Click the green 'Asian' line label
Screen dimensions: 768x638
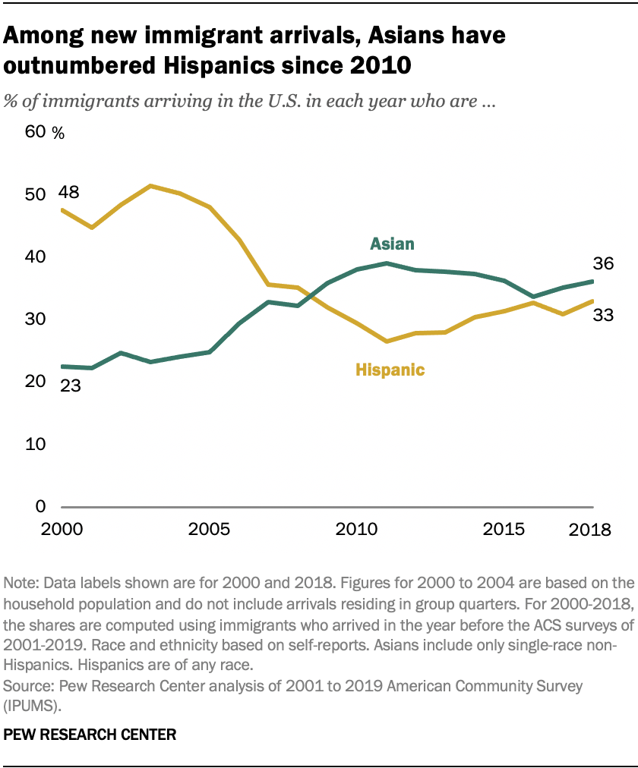[x=392, y=244]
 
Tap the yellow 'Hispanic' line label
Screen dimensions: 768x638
[x=390, y=370]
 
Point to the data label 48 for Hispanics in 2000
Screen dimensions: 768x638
[x=71, y=192]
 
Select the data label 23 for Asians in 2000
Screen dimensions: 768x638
[x=71, y=385]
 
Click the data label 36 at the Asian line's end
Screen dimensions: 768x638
[x=604, y=264]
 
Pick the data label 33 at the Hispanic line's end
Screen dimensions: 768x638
[x=604, y=315]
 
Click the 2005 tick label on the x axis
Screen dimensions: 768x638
[x=209, y=528]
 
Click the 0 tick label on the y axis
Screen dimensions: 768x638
[x=42, y=506]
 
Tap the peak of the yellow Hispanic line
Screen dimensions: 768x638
[x=150, y=186]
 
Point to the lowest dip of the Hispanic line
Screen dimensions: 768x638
[x=387, y=342]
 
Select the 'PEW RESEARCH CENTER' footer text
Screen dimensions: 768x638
[x=90, y=734]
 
